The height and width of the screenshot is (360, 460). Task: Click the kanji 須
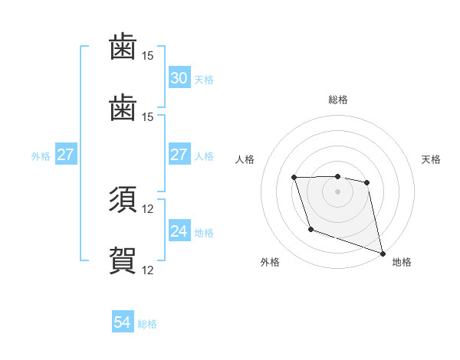pos(123,200)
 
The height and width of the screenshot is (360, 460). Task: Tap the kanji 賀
pos(123,260)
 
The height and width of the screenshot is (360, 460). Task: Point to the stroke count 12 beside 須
pos(148,209)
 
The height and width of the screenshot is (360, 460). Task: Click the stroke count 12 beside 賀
pos(148,270)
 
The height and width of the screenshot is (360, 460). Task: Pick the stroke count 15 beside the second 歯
pos(148,116)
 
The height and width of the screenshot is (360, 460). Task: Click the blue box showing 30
pos(179,78)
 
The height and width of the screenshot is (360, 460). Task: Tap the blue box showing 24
pos(179,231)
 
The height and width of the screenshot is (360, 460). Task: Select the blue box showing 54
pos(123,323)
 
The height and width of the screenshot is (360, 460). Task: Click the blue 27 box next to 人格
pos(179,155)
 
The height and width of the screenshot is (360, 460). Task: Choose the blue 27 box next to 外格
pos(65,155)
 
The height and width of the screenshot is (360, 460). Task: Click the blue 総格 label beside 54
pos(147,324)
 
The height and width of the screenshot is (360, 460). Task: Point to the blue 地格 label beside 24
pos(204,232)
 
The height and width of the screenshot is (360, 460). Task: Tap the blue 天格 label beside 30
pos(204,79)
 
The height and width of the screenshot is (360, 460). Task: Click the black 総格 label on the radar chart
pos(337,100)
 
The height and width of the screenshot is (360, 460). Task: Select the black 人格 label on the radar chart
pos(245,159)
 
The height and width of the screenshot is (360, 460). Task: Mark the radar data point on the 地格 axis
pos(383,254)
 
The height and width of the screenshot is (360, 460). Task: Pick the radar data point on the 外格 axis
pos(310,229)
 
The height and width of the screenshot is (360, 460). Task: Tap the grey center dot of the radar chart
pos(337,191)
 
